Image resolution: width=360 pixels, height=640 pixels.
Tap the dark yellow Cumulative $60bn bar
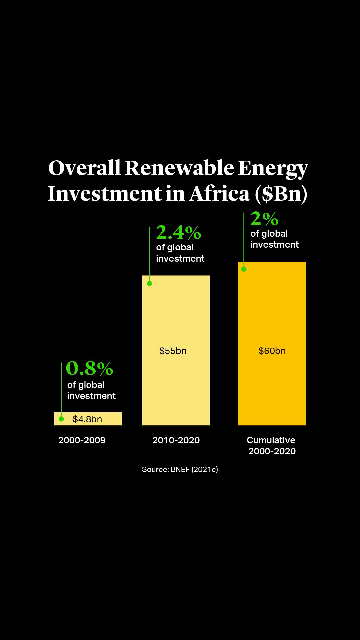click(x=272, y=383)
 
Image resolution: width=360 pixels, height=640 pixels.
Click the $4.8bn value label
click(x=87, y=419)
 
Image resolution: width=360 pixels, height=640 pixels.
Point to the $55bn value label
click(x=173, y=351)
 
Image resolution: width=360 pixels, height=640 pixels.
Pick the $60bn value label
click(x=272, y=351)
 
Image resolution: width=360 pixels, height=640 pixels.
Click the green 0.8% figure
click(x=89, y=368)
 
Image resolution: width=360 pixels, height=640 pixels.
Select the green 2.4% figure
click(x=178, y=232)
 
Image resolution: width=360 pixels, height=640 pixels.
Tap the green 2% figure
click(x=264, y=219)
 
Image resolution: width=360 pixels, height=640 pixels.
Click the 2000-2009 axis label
click(x=82, y=440)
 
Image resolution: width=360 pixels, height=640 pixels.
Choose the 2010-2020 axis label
click(x=176, y=440)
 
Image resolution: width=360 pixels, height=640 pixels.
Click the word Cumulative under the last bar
click(x=271, y=440)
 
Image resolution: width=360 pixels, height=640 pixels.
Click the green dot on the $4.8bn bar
click(x=61, y=419)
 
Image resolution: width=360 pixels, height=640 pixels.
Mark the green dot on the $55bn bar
click(x=149, y=283)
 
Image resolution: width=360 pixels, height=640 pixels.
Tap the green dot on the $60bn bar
click(x=244, y=269)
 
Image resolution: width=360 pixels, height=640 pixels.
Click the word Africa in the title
click(x=219, y=194)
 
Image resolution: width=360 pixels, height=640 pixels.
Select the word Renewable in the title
click(x=179, y=168)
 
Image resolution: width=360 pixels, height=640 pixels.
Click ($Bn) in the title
click(x=281, y=194)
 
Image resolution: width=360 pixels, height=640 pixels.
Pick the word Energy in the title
click(x=273, y=168)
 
